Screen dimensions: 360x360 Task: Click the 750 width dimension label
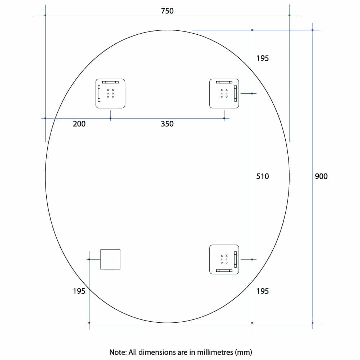coord(167,11)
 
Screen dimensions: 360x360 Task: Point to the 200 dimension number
coord(79,124)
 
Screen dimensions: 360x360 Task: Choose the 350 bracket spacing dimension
coord(167,124)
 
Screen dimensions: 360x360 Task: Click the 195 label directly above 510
coord(262,58)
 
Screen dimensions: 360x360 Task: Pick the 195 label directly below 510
coord(262,291)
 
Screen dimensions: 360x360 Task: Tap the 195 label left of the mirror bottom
coord(79,291)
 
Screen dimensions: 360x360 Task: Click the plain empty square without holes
coord(110,259)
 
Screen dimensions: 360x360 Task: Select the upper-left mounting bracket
coord(110,93)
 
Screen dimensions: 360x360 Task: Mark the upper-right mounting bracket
coord(224,93)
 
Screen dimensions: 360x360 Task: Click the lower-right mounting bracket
coord(224,259)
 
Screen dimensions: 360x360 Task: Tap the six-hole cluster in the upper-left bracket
coord(110,94)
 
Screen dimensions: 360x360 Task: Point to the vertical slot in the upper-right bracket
coord(235,93)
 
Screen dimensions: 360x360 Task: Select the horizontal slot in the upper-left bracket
coord(110,82)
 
